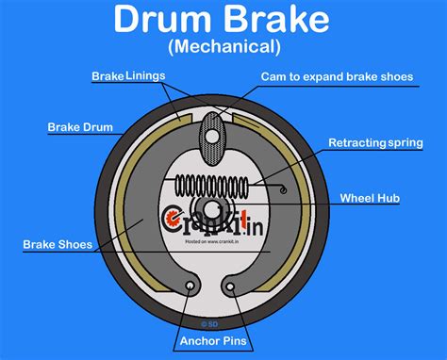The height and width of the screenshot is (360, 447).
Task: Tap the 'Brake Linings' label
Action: [127, 75]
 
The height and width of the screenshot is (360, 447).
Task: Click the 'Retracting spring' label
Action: [374, 142]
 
